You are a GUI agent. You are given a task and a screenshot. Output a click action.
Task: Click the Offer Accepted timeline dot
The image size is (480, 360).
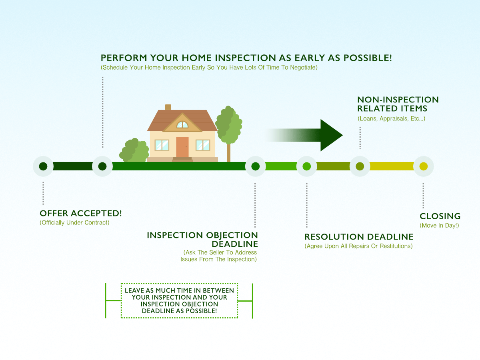tap(43, 166)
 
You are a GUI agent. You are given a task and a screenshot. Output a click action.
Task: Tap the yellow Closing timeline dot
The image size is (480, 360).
tap(424, 166)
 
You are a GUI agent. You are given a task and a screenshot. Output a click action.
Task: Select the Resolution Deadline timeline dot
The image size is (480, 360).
tap(307, 166)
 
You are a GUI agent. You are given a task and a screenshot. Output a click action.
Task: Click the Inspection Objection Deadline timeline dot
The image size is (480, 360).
tap(256, 166)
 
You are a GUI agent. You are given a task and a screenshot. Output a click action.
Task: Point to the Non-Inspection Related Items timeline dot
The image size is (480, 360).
tap(360, 166)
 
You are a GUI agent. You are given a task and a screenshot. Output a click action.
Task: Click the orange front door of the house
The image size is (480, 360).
tap(182, 147)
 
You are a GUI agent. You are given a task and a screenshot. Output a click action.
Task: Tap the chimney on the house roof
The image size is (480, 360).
tap(168, 107)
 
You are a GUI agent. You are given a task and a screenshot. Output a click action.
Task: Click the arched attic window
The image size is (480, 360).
tap(182, 125)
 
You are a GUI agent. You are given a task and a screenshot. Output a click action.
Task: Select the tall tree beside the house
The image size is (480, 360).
tap(229, 124)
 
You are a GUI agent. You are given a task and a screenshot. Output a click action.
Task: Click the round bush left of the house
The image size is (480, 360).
tap(134, 151)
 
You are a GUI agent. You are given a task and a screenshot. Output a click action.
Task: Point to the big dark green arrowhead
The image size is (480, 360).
tap(331, 135)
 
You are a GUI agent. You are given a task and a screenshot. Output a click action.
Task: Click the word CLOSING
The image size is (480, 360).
tap(440, 216)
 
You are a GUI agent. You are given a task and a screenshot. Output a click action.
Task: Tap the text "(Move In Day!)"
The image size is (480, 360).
tap(439, 226)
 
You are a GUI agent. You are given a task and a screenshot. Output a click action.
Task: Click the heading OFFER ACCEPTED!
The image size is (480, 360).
tap(81, 214)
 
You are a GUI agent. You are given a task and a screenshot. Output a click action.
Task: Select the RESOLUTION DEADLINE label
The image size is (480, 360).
tap(359, 237)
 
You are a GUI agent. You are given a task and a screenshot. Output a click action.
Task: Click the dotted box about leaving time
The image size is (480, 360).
tap(179, 301)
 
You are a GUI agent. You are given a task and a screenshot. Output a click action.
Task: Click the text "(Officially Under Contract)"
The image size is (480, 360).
tap(74, 222)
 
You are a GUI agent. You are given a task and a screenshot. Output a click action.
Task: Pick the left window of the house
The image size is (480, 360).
tap(162, 145)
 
